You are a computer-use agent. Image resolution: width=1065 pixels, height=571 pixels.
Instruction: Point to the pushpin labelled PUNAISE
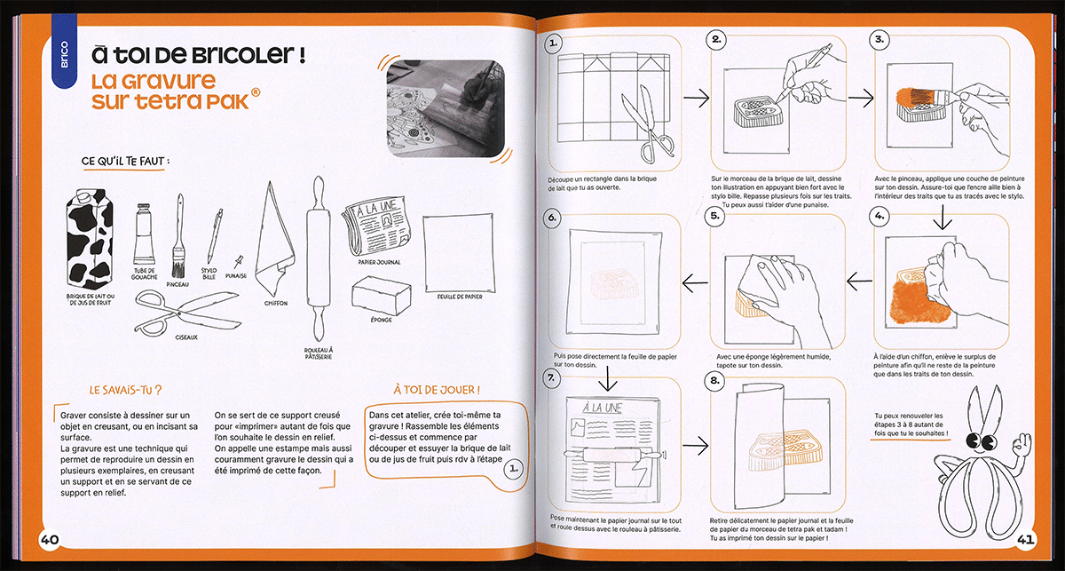(238, 263)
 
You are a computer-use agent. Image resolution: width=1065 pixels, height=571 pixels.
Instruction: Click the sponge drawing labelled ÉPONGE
(382, 293)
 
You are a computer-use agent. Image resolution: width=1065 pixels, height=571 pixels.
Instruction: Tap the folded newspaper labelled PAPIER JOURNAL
(374, 229)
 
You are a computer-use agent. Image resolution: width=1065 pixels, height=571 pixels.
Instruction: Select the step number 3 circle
(880, 40)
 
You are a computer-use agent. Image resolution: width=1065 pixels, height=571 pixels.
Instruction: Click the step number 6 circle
(552, 217)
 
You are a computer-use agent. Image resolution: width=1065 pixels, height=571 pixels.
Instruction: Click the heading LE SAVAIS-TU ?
(124, 390)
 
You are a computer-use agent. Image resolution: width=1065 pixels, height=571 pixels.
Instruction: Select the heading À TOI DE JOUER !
(437, 389)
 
